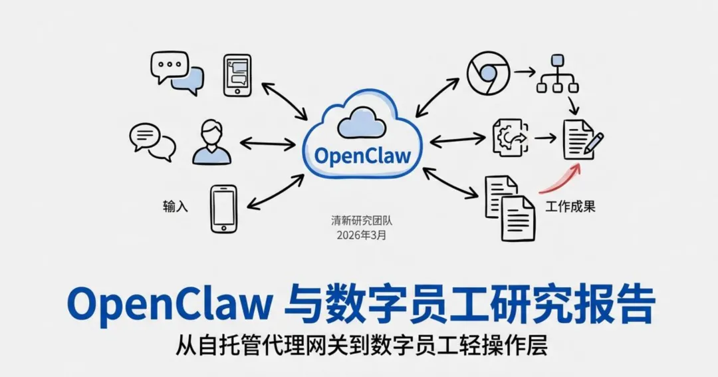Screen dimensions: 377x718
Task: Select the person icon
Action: click(211, 142)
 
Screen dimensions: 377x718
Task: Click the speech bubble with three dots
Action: click(169, 67)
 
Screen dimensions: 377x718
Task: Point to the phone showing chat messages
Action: click(237, 75)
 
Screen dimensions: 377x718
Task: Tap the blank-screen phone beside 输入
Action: click(223, 209)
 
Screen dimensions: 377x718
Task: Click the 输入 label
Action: click(176, 207)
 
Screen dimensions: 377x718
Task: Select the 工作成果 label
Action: click(570, 207)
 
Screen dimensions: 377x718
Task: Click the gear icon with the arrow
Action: click(509, 138)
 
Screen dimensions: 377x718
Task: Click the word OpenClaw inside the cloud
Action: click(362, 156)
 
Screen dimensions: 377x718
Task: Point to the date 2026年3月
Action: click(361, 235)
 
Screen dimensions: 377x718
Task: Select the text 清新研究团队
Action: click(361, 221)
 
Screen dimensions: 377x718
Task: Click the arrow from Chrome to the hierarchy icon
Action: click(525, 70)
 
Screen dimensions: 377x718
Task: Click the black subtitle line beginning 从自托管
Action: click(362, 346)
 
